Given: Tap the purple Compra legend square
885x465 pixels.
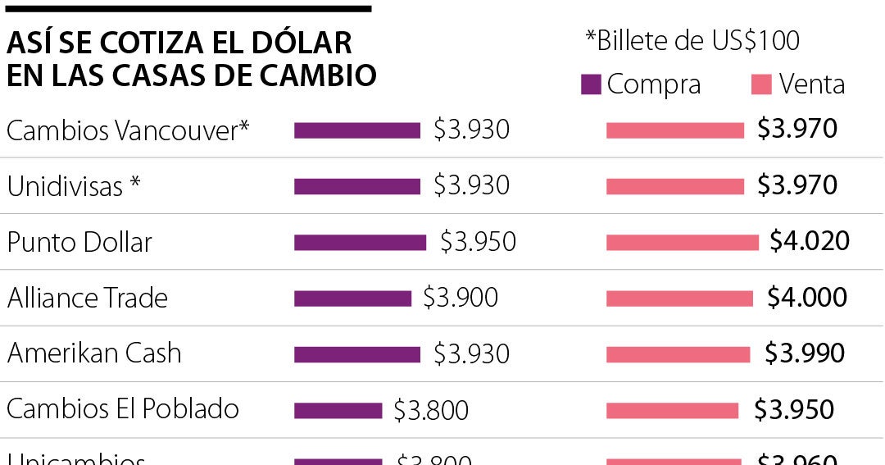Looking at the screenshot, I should [x=591, y=84].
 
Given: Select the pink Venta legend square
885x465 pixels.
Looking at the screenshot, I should [x=762, y=84].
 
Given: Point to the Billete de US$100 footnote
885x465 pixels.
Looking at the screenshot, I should [x=692, y=40].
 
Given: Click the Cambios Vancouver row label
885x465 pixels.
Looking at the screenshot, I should [x=128, y=130].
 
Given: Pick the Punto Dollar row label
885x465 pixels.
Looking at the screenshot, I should [x=79, y=242].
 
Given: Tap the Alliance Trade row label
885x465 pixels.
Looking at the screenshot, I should [x=88, y=298].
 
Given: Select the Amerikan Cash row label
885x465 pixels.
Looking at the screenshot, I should [x=94, y=353].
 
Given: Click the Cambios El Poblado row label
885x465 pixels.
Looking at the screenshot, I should [x=123, y=408].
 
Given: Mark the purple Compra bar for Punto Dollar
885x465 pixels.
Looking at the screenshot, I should [x=360, y=243].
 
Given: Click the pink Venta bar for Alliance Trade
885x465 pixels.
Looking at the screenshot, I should [x=679, y=299].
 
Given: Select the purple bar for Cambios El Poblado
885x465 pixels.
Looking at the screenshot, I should [x=338, y=410].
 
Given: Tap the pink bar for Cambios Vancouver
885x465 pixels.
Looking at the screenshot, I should [x=674, y=130].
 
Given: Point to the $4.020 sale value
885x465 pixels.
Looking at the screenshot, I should [x=810, y=241].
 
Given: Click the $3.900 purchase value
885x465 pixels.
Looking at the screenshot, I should [x=461, y=297].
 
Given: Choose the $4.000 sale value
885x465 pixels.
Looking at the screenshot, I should [x=807, y=297].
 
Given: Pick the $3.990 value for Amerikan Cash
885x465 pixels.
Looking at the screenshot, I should [x=805, y=353].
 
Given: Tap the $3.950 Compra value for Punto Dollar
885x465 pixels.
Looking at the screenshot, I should [x=478, y=241].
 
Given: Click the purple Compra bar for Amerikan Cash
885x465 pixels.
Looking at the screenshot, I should [x=356, y=354].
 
